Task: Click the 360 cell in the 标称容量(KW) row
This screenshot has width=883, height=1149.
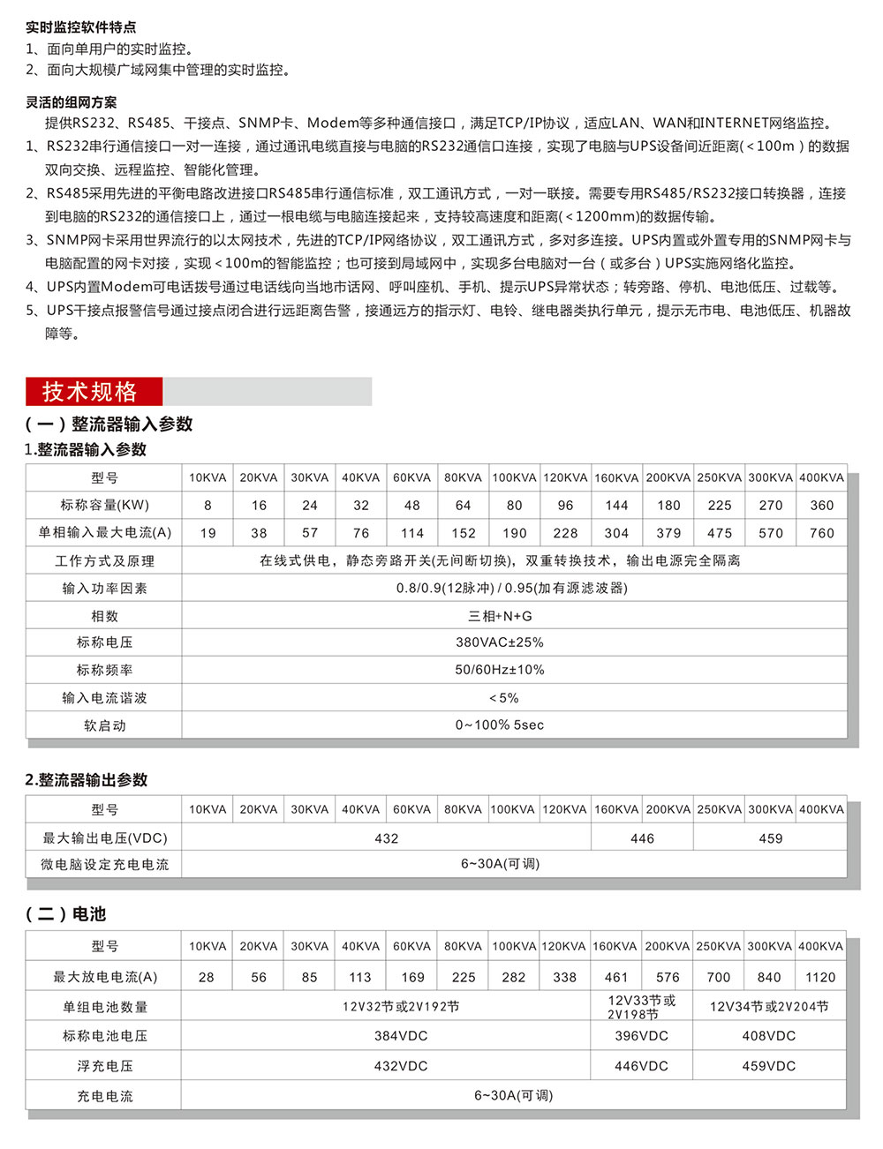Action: [x=821, y=506]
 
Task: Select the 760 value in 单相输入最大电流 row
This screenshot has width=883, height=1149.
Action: [x=821, y=533]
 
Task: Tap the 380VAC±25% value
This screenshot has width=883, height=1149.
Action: [x=500, y=642]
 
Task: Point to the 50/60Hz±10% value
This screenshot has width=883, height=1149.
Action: [x=500, y=670]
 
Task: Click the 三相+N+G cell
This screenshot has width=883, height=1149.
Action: [x=500, y=616]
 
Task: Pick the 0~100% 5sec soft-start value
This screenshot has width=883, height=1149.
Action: [x=500, y=725]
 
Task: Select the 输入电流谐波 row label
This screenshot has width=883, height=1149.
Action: [x=104, y=698]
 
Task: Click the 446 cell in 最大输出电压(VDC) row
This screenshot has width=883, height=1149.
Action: [x=642, y=838]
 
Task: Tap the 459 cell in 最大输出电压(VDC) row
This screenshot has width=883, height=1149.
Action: [x=770, y=838]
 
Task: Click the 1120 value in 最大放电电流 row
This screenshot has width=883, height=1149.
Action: [x=820, y=977]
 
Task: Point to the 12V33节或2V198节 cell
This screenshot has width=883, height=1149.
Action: [x=642, y=1007]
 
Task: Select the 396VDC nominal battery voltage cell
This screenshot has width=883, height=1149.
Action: [x=642, y=1036]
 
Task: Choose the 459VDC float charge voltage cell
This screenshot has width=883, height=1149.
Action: [x=769, y=1066]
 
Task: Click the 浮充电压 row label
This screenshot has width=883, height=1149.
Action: [x=104, y=1066]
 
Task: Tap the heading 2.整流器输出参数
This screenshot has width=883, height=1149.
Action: [x=87, y=780]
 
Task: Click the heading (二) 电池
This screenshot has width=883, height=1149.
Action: [x=65, y=914]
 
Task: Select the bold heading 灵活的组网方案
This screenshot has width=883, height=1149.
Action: [x=71, y=102]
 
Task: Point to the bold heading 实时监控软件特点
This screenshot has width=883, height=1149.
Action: [x=80, y=27]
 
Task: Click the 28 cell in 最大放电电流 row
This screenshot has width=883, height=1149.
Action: [x=207, y=977]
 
